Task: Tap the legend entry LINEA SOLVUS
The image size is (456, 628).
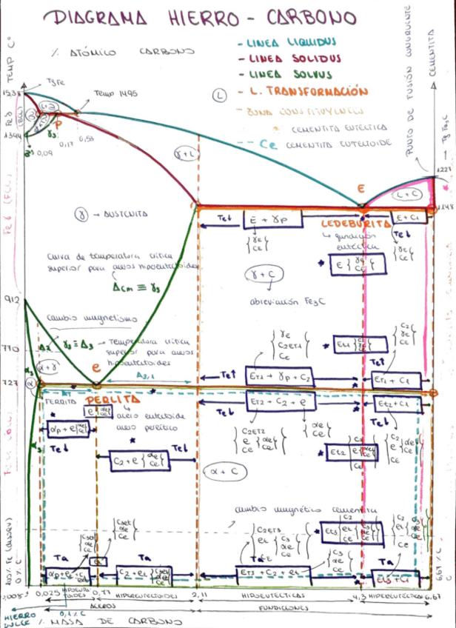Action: pyautogui.click(x=289, y=74)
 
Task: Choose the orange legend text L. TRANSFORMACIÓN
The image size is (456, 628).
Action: pyautogui.click(x=308, y=93)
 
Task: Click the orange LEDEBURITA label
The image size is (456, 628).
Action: pyautogui.click(x=355, y=223)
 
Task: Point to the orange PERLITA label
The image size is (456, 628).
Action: pyautogui.click(x=118, y=399)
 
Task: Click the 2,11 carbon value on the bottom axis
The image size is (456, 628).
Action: pyautogui.click(x=198, y=595)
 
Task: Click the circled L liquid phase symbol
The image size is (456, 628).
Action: pyautogui.click(x=220, y=95)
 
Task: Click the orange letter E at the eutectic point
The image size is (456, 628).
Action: pyautogui.click(x=361, y=190)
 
